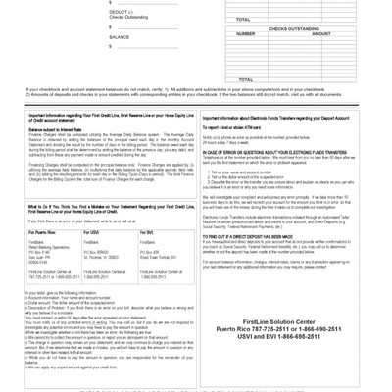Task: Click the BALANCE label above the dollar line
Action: click(x=120, y=36)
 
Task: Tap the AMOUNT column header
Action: click(x=320, y=33)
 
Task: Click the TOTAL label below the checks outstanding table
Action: click(x=245, y=79)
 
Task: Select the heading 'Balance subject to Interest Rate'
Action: click(x=55, y=128)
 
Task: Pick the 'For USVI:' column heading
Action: click(x=91, y=231)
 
